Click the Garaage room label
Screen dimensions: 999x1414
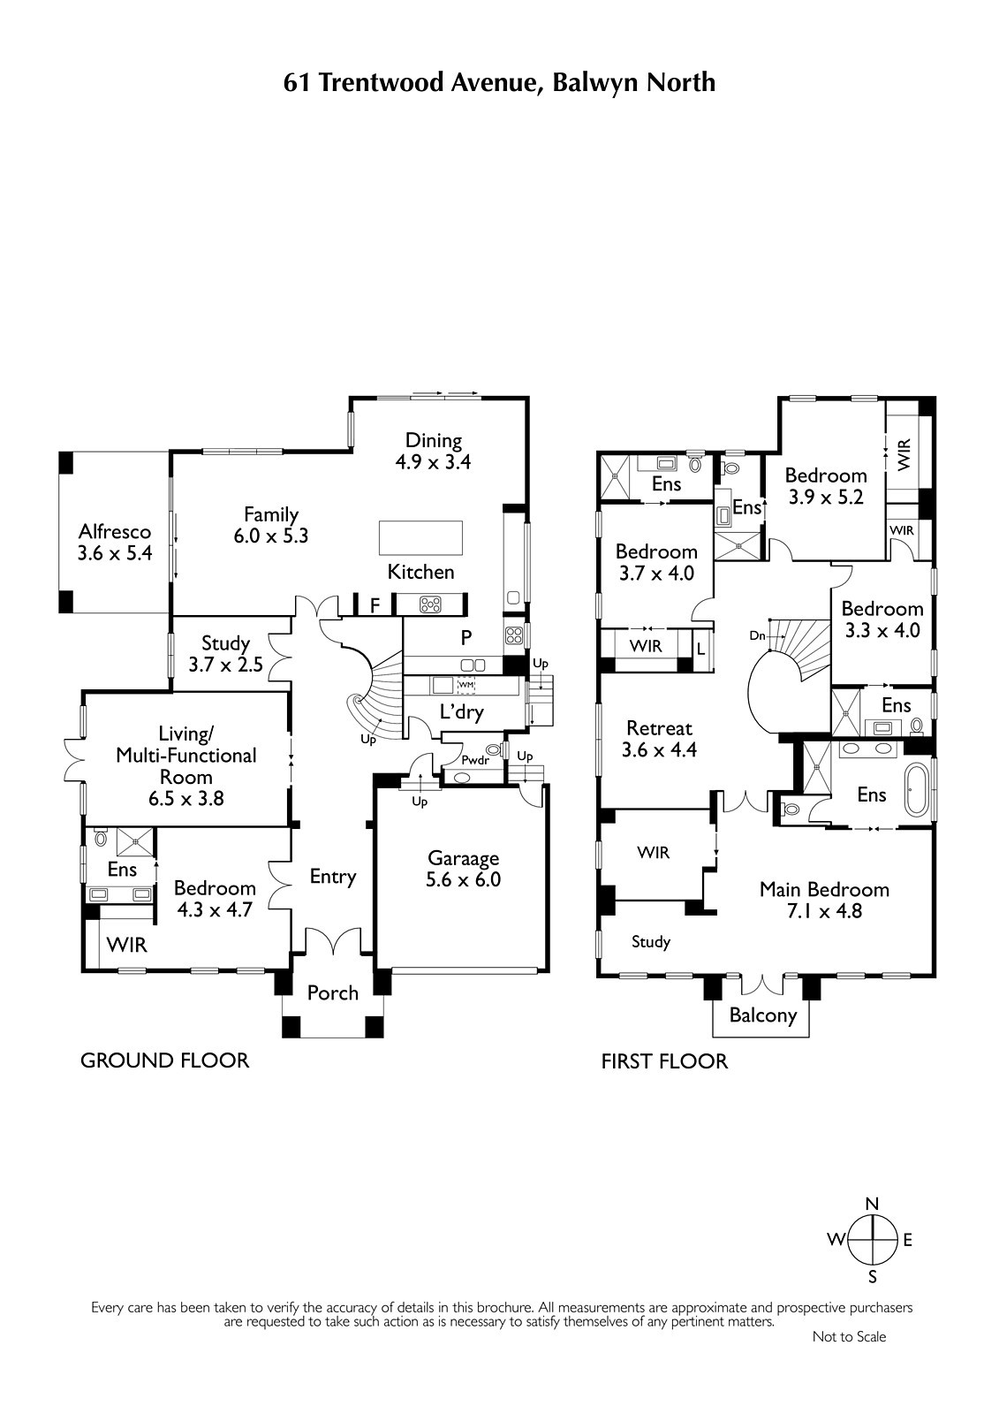click(x=463, y=858)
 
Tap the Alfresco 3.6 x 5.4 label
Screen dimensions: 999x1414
click(x=115, y=543)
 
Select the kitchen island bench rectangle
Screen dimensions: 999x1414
click(x=420, y=537)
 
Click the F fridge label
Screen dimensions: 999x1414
click(x=375, y=606)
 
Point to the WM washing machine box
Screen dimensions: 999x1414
click(x=465, y=685)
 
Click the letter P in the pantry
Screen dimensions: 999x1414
click(x=466, y=637)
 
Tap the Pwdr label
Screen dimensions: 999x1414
click(x=475, y=761)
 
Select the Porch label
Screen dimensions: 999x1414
click(x=333, y=993)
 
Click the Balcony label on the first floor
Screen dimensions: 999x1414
click(x=763, y=1015)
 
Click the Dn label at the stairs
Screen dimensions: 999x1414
click(x=757, y=635)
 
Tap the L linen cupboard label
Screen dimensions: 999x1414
click(x=700, y=648)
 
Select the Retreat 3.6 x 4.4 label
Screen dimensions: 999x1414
click(x=660, y=739)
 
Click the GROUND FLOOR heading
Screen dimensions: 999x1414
click(x=164, y=1060)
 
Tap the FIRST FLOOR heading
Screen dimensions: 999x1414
click(x=664, y=1061)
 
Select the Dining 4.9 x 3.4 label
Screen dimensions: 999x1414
click(x=434, y=451)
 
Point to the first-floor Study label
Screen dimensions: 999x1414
click(x=651, y=942)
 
